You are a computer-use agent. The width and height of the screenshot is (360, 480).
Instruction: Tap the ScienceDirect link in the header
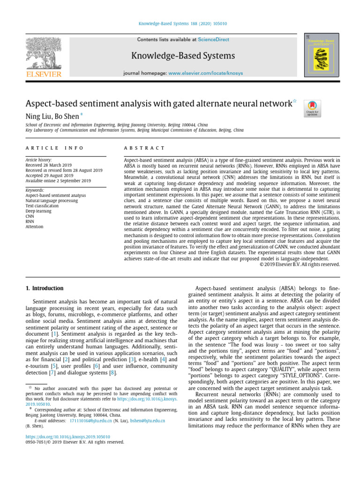click(214, 40)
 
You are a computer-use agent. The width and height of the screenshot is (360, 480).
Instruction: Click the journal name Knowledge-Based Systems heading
click(183, 56)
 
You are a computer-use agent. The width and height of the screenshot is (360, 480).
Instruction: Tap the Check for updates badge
click(312, 108)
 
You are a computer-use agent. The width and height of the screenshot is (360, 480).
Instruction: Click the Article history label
click(38, 160)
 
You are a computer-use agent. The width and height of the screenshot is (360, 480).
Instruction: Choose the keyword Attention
click(35, 227)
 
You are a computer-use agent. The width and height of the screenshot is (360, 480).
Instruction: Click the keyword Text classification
click(42, 206)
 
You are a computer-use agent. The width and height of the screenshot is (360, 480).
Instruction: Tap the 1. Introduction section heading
click(44, 288)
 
